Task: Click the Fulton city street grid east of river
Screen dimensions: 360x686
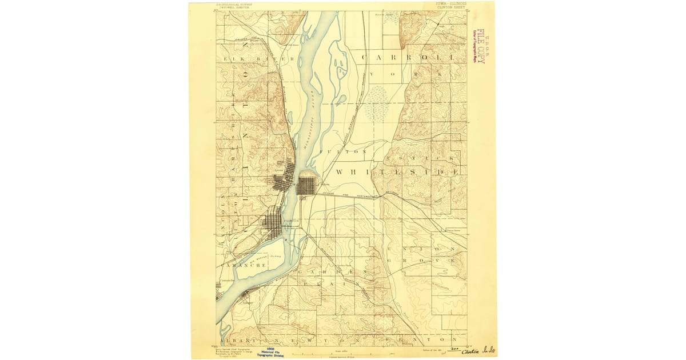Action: click(x=306, y=186)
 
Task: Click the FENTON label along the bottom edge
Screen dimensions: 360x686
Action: click(x=426, y=339)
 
